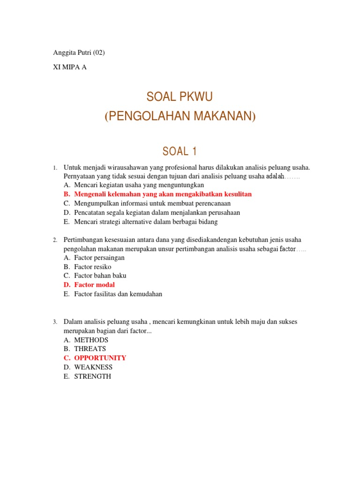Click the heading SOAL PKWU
(x=180, y=97)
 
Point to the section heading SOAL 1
(x=180, y=151)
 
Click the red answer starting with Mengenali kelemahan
(x=163, y=194)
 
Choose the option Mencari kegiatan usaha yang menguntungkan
(x=139, y=185)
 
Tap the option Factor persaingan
(x=99, y=257)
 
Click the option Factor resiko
(x=92, y=267)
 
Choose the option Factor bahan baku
(x=100, y=276)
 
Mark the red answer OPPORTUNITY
(x=100, y=358)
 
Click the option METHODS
(x=91, y=340)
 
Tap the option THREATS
(x=90, y=349)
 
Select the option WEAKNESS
(x=93, y=367)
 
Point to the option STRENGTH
(x=92, y=376)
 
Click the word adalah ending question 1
(x=275, y=177)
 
